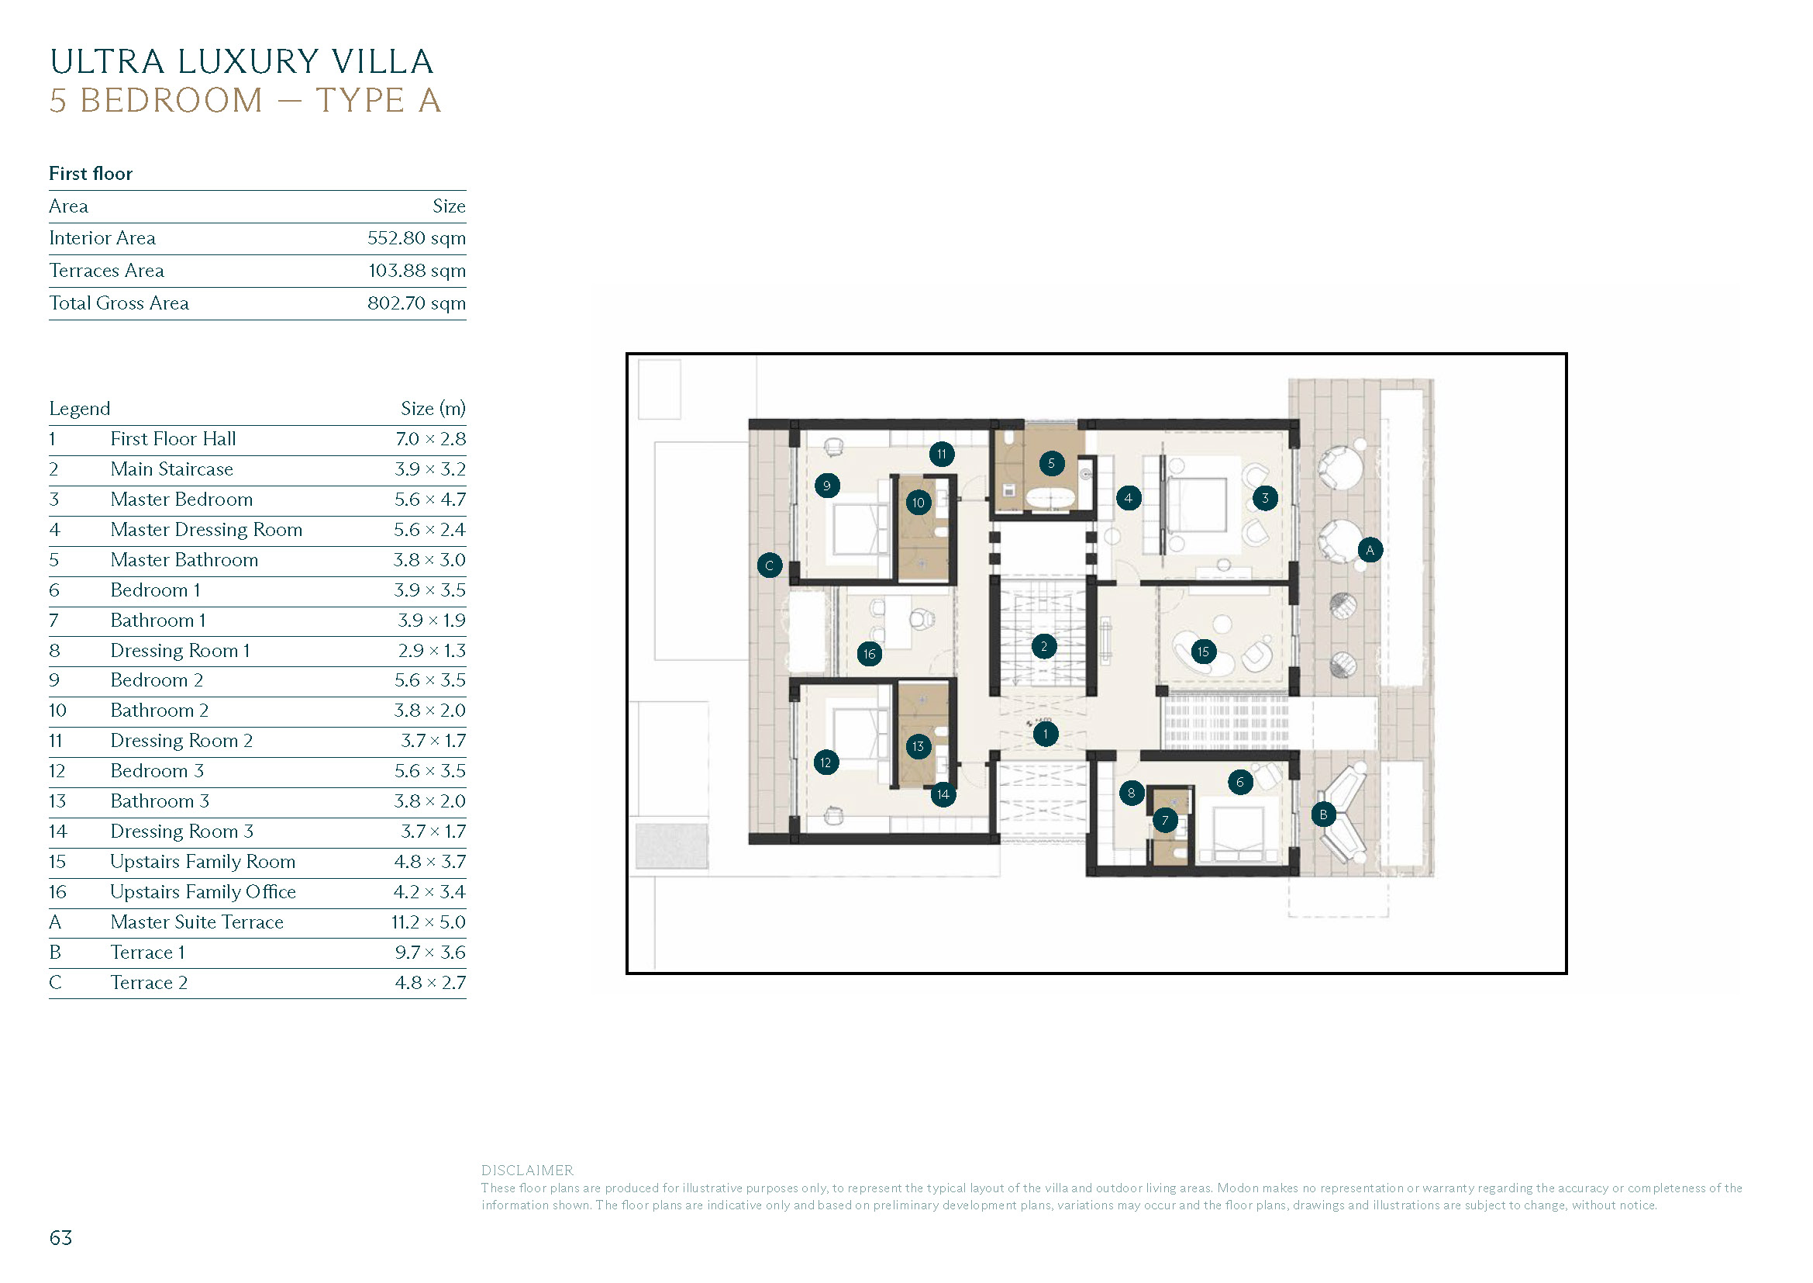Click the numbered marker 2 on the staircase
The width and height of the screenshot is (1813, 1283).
[1043, 646]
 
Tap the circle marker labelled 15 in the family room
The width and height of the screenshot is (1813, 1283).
[1203, 652]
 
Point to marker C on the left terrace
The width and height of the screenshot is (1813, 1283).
[770, 565]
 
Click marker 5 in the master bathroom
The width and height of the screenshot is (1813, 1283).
[1051, 463]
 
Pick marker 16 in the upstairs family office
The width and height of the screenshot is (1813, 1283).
[870, 653]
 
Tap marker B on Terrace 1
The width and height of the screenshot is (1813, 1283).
[1323, 814]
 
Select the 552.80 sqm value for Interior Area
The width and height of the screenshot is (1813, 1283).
[416, 238]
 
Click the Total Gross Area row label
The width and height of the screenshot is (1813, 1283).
[119, 303]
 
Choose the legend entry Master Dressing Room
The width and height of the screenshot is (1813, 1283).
[206, 529]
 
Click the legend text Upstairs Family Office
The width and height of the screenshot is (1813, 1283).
[203, 892]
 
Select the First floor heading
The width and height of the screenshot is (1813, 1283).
[91, 174]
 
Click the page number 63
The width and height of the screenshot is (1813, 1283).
[60, 1238]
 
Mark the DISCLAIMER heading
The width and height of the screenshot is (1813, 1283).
[526, 1170]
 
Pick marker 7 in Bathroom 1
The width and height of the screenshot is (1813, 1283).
[1165, 820]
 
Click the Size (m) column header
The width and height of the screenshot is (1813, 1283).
[433, 409]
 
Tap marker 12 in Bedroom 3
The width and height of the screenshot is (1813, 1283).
[826, 763]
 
